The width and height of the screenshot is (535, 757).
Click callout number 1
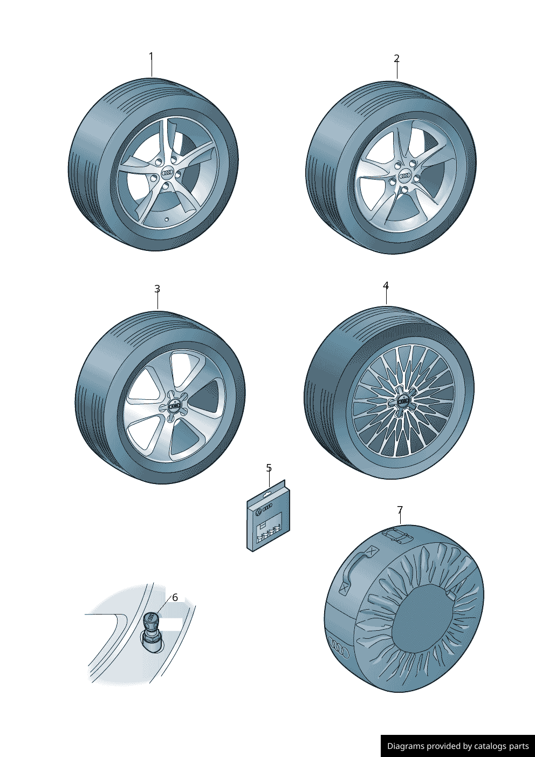point(152,57)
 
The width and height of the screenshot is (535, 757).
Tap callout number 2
point(396,58)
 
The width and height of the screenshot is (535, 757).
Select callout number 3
point(157,289)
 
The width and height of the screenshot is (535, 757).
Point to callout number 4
point(386,285)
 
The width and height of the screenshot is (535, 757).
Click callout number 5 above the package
point(269,468)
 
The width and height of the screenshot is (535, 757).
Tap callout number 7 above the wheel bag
point(400,510)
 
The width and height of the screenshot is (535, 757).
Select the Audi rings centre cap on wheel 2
point(404,175)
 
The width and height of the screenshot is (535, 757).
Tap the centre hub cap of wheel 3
point(175,406)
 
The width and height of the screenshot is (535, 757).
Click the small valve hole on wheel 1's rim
point(167,219)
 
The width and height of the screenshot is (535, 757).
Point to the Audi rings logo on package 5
point(267,509)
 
